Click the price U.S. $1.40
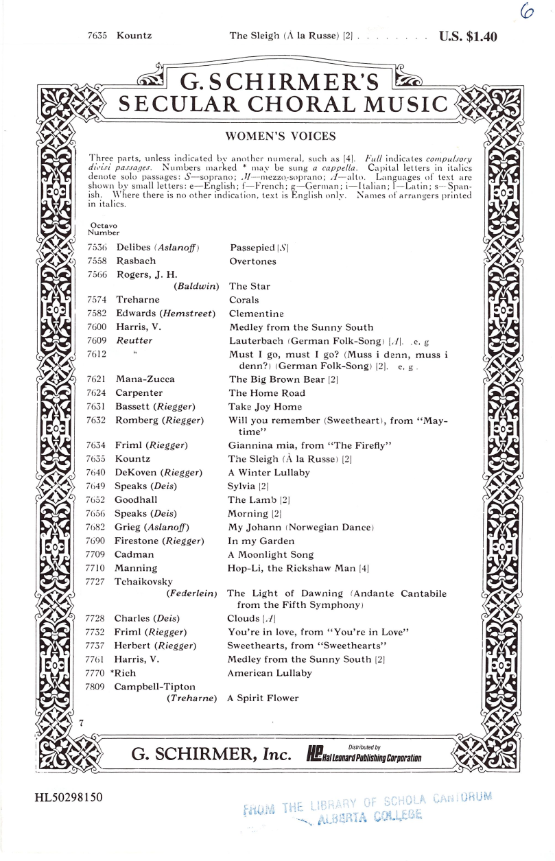point(468,37)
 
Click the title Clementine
point(254,314)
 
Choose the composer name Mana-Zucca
point(145,379)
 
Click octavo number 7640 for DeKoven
point(97,473)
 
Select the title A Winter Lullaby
point(268,473)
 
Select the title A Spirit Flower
point(263,698)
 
